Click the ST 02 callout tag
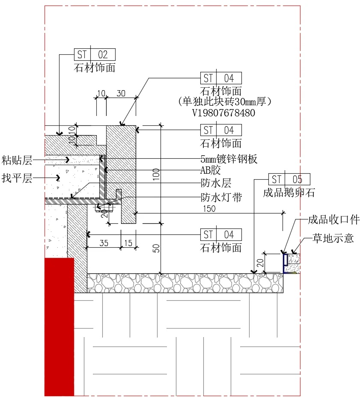(x=95, y=54)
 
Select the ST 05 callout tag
(x=289, y=179)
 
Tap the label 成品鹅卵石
(x=289, y=193)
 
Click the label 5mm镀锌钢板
(x=229, y=159)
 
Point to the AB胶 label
(x=211, y=171)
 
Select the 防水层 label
(x=216, y=184)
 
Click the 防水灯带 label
(x=221, y=197)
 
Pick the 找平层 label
(x=17, y=178)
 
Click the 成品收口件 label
(x=334, y=220)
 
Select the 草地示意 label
(x=333, y=238)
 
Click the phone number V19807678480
(x=224, y=113)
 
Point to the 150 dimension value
(x=209, y=209)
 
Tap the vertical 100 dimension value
(x=156, y=173)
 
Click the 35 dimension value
(x=104, y=243)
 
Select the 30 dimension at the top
(x=121, y=94)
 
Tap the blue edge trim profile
(x=285, y=263)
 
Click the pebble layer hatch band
(x=184, y=283)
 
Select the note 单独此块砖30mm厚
(x=225, y=102)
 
